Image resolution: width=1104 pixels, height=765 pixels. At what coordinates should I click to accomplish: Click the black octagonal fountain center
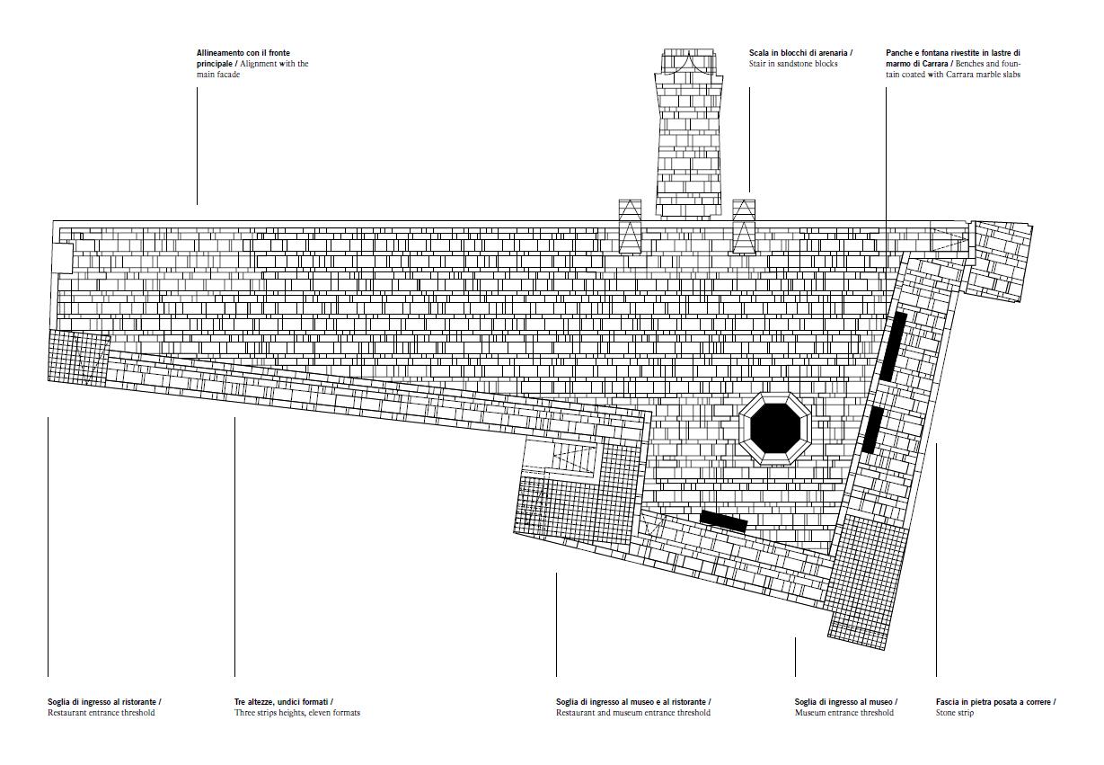[x=775, y=429]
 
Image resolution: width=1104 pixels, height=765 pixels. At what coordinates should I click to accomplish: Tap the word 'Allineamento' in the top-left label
[x=220, y=54]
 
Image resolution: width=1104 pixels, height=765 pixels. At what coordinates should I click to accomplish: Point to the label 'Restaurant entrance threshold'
[x=101, y=713]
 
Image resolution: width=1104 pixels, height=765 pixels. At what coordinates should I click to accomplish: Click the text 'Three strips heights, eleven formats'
[x=296, y=713]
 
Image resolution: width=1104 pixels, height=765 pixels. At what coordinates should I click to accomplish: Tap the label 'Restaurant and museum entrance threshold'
[x=632, y=713]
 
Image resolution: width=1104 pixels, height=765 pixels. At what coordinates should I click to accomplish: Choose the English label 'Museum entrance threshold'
[x=843, y=713]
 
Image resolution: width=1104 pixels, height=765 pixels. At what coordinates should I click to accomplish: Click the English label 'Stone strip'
[x=954, y=713]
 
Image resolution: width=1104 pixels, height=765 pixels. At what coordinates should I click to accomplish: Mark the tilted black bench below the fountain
[x=723, y=520]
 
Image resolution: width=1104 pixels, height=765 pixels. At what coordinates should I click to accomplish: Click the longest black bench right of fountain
[x=893, y=346]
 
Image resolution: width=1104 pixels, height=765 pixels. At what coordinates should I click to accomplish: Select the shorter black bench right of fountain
[x=872, y=431]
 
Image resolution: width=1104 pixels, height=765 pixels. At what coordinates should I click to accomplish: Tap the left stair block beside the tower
[x=630, y=227]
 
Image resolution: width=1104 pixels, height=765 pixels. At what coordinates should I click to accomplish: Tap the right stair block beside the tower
[x=743, y=227]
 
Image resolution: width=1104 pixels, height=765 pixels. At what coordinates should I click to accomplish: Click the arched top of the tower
[x=688, y=62]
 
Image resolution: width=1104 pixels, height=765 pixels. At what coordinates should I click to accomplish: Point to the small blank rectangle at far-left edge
[x=61, y=257]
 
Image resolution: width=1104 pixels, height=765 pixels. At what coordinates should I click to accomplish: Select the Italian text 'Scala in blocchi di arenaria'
[x=799, y=54]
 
